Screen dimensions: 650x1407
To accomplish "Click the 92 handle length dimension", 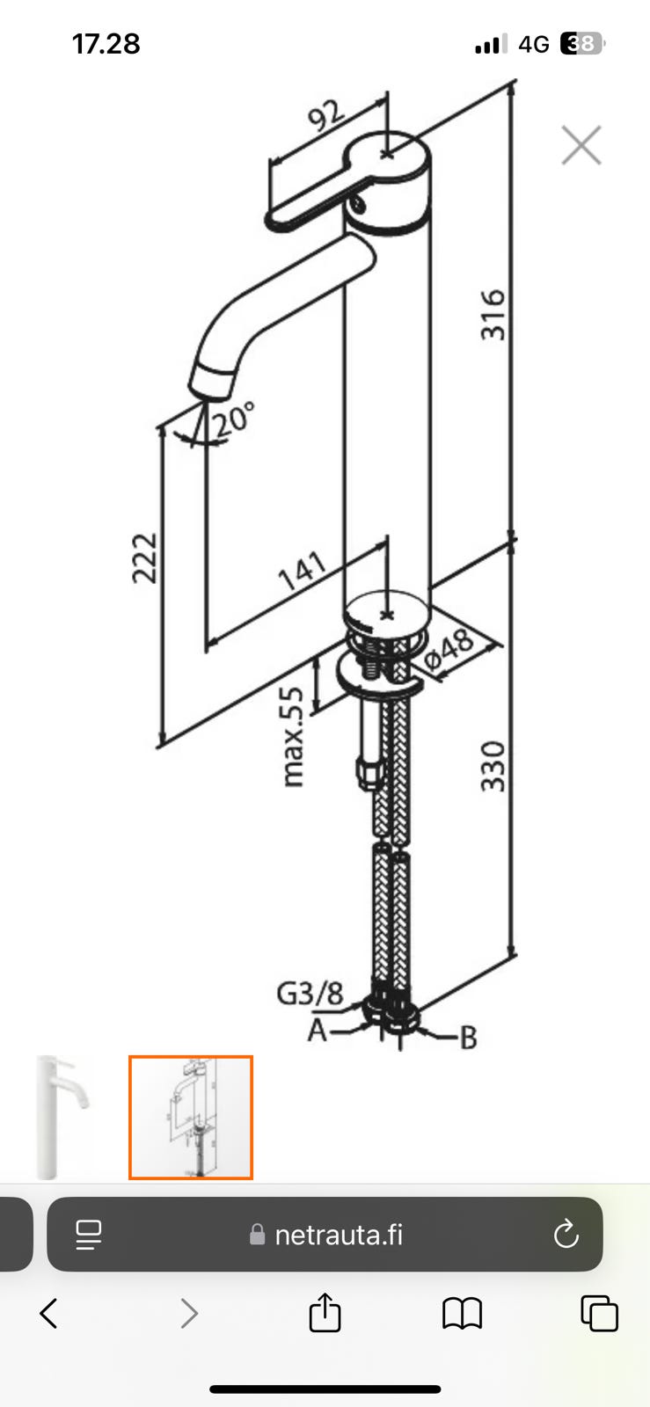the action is coord(326,115).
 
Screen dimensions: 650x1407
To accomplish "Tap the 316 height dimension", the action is coord(493,315).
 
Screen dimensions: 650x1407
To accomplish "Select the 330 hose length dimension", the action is coord(493,766).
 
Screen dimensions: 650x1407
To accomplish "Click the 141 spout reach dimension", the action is coord(303,571).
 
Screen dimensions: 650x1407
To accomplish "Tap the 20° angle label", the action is coord(235,419).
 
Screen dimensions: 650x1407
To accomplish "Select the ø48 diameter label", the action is coord(449,649).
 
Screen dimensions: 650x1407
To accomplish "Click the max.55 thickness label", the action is coord(292,736).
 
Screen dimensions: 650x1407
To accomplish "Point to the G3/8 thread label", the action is coord(310,994).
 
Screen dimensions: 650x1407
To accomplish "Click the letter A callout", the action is coord(318,1030).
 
